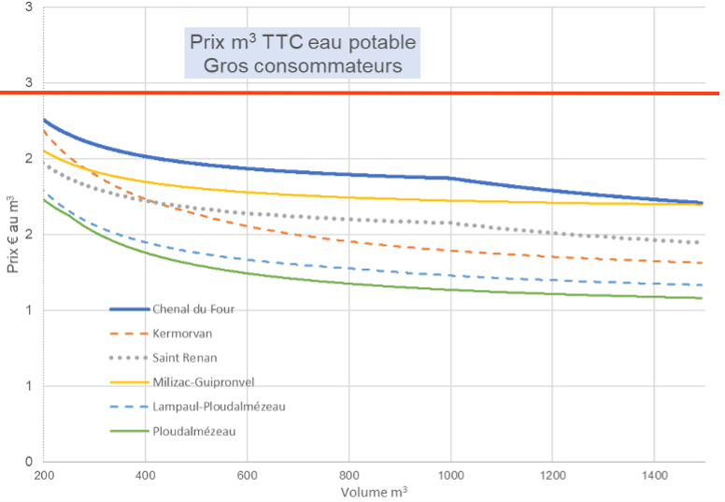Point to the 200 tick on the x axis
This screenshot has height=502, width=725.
43,475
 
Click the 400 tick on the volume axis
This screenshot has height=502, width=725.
145,475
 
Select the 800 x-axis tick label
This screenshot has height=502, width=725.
348,475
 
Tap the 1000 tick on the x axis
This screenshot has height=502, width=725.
450,475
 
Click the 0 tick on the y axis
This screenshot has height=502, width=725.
29,462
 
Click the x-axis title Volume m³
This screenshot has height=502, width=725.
374,492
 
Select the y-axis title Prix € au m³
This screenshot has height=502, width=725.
12,235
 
